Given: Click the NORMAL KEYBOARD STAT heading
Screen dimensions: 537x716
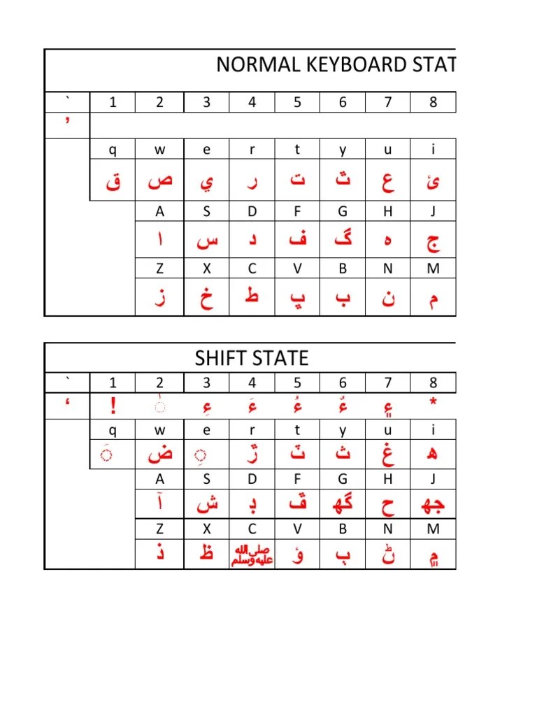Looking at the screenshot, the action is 336,65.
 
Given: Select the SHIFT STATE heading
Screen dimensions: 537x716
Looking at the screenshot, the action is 251,359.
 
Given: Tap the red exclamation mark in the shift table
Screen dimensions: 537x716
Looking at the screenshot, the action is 113,406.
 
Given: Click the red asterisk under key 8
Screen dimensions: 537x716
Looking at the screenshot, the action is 434,403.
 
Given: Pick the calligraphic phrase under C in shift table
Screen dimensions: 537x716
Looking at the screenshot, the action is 252,554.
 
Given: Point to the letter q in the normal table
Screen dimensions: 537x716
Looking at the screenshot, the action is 113,149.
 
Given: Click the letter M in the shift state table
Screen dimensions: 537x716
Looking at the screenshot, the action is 434,529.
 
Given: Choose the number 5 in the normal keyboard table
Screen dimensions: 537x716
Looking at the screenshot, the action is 297,102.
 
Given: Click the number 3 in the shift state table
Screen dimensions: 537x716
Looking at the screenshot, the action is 206,382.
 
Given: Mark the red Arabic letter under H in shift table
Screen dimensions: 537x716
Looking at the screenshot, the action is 388,501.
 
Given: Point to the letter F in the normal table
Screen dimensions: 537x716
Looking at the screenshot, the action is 297,211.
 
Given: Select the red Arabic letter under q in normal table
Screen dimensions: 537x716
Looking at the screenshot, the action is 113,182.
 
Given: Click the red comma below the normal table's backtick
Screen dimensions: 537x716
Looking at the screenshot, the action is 67,121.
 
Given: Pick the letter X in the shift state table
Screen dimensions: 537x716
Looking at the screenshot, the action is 206,529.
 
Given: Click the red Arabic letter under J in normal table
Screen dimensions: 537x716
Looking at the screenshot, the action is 434,242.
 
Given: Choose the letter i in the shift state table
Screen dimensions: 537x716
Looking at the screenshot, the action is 434,429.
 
